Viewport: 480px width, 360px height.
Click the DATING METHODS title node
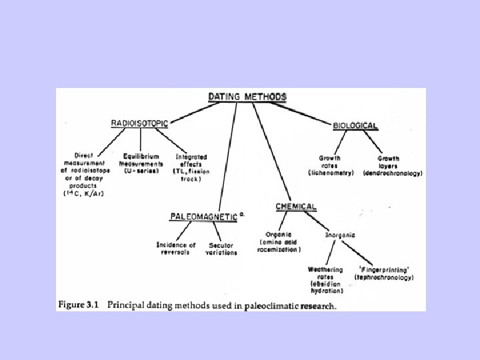click(x=248, y=97)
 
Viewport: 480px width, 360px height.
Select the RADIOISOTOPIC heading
click(x=140, y=123)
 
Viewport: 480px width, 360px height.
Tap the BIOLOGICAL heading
click(x=355, y=125)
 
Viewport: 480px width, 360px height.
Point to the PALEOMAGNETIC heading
click(x=203, y=216)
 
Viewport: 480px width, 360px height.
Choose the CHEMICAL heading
click(x=296, y=207)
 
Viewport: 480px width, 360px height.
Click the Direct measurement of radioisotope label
click(x=85, y=170)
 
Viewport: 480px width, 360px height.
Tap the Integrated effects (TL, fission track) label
click(x=191, y=167)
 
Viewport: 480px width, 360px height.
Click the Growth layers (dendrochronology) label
click(x=393, y=165)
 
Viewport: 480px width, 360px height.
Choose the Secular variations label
click(x=222, y=248)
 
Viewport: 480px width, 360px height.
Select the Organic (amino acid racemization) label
click(x=280, y=241)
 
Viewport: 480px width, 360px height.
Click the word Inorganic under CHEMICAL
click(x=340, y=235)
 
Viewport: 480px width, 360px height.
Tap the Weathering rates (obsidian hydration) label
click(x=325, y=280)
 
